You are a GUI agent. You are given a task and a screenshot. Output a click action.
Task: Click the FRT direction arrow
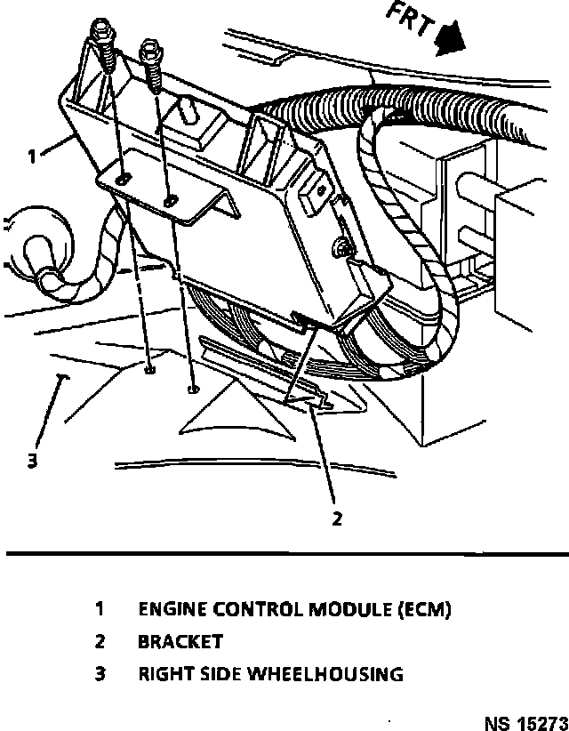[x=450, y=36]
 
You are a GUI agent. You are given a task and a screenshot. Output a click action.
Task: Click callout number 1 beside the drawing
[x=32, y=157]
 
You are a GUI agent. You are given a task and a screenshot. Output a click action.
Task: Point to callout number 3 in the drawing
[x=32, y=462]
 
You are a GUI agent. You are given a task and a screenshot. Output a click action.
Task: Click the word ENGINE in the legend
[x=172, y=609]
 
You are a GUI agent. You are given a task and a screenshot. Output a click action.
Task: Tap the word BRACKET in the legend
[x=180, y=641]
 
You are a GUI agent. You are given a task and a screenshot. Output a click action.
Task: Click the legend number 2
[x=100, y=641]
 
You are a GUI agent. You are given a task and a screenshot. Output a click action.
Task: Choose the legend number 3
[x=100, y=674]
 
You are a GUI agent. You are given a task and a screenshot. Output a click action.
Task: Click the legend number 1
[x=100, y=609]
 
